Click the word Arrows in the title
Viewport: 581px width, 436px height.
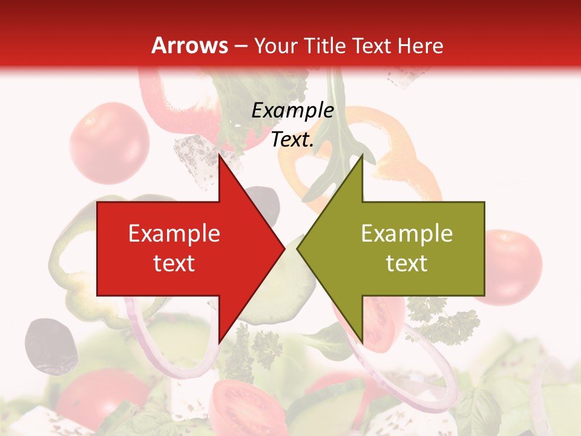coord(189,45)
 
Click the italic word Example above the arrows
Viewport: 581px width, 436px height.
coord(292,111)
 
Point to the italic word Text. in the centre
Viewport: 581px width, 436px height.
coord(292,140)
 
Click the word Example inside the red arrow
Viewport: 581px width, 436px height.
coord(174,234)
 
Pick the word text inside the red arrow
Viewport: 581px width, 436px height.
coord(174,263)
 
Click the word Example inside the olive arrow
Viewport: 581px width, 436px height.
coord(407,234)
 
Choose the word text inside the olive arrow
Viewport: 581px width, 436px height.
coord(407,263)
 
